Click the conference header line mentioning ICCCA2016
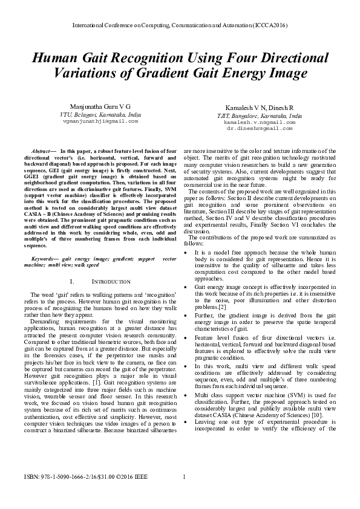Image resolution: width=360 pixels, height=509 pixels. [x=180, y=27]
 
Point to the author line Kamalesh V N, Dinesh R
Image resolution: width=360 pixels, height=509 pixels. [x=260, y=107]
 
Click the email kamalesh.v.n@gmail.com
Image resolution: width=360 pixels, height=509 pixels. [x=260, y=122]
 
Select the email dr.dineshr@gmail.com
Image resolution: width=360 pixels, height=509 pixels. [x=260, y=128]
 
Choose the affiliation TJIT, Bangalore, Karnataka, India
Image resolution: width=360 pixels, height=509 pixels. [x=260, y=115]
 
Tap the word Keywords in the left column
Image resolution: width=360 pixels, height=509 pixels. [x=43, y=258]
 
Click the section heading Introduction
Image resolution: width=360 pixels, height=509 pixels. [x=111, y=282]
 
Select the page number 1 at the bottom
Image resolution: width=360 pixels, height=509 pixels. [x=183, y=494]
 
